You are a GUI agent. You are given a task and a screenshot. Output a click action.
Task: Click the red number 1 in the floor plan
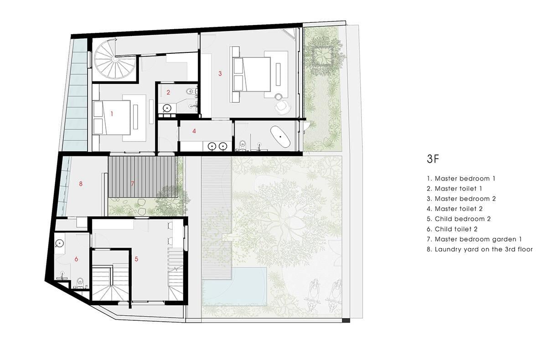point(112,114)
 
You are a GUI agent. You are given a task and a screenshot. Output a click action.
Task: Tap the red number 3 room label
point(220,73)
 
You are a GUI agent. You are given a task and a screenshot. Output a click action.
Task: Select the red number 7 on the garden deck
point(133,184)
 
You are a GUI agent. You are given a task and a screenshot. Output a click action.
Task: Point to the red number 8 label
point(81,184)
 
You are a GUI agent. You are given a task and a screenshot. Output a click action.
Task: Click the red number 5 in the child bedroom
point(136,259)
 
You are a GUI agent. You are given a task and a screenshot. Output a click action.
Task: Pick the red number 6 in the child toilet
point(76,259)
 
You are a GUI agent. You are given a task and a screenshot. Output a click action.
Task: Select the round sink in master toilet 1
point(167,108)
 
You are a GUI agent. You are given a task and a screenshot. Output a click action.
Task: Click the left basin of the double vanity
point(212,146)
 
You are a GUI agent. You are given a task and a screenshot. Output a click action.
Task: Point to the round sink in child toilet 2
point(60,243)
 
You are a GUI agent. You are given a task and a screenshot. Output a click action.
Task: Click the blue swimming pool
point(234,286)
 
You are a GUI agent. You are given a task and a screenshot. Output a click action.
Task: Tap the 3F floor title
point(433,159)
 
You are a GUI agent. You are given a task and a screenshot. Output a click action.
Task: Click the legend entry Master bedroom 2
point(461,199)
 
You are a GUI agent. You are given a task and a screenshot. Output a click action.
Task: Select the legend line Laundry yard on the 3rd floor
point(480,249)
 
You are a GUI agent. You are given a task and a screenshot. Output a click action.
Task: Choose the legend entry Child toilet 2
point(452,229)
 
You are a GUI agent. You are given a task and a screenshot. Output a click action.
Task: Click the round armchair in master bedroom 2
point(283,108)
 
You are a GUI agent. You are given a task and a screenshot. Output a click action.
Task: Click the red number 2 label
point(168,92)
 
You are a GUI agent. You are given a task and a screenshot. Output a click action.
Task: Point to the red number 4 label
point(194,131)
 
